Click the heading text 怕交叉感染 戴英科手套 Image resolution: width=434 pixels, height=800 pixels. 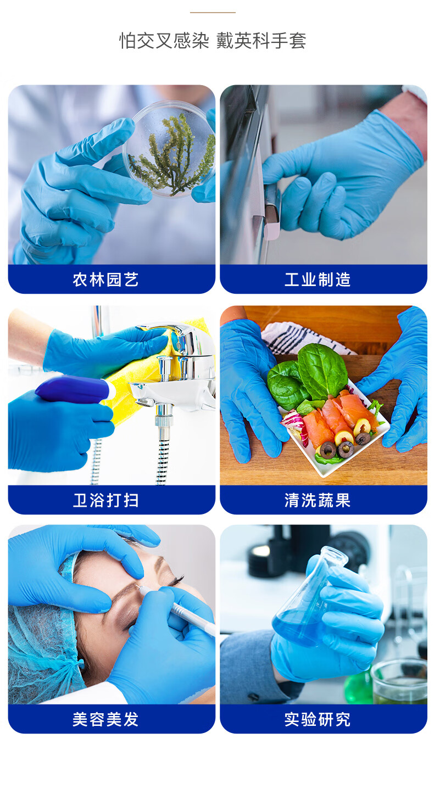coord(213,41)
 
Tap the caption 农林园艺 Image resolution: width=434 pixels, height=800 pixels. coord(105,279)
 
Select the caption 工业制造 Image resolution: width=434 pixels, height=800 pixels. coord(318,279)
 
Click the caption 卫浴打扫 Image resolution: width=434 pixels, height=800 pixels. coord(105,500)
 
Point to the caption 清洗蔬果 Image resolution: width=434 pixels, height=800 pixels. coord(318,500)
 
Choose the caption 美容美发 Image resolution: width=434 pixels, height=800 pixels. coord(105,719)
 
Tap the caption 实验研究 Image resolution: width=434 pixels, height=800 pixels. coord(318,719)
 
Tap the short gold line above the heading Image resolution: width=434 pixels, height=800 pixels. coord(213,13)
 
